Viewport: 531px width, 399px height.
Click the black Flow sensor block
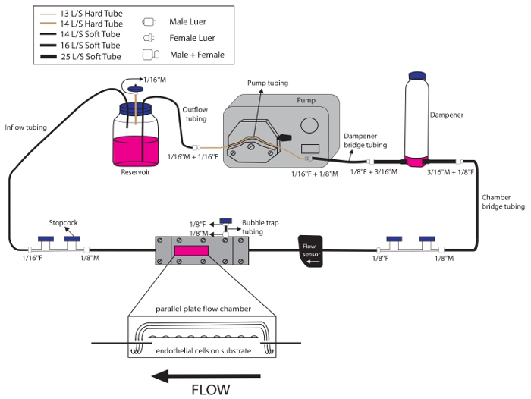310,250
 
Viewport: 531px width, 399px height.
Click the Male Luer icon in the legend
148,23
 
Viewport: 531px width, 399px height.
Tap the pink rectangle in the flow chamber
191,250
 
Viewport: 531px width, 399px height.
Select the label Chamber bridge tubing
503,201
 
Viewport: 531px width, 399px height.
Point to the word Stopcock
64,223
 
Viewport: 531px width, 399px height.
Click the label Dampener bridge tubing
366,140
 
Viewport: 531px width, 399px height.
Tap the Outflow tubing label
196,114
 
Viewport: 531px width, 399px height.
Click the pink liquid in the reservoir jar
136,150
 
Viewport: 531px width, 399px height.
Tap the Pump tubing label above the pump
268,82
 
